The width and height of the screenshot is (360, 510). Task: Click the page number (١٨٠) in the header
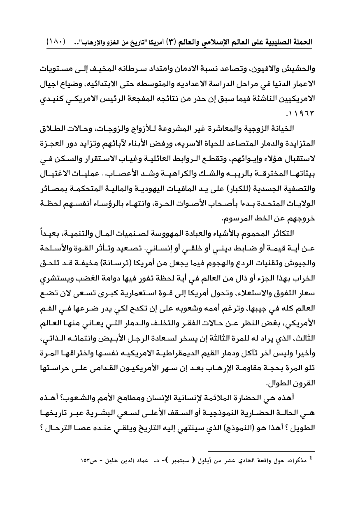point(57,42)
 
